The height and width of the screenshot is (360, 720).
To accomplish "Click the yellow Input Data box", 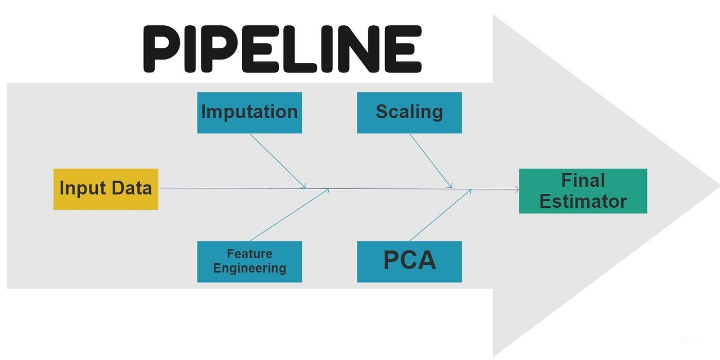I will coord(105,189).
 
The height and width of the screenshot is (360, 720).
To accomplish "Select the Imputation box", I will coord(249,113).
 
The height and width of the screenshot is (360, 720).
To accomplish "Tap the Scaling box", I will coord(409,113).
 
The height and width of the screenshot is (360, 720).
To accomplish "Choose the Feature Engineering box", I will coord(249,261).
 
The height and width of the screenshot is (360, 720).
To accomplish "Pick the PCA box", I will coord(409,261).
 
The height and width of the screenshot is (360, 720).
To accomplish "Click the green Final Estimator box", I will coord(583,191).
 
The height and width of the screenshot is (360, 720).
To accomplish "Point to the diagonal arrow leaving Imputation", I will coord(278,160).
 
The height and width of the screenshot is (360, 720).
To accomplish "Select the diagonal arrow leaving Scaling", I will coord(430,160).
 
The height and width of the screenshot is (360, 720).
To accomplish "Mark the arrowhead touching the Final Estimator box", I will coord(516,190).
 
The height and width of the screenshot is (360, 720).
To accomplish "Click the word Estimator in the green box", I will coord(583,201).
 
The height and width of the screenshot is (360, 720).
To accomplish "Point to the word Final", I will coord(583,181).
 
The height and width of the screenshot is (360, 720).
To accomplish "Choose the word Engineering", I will coord(249,268).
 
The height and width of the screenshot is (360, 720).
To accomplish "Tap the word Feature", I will coord(249,254).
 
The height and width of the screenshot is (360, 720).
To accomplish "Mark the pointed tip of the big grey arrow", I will coord(717,184).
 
